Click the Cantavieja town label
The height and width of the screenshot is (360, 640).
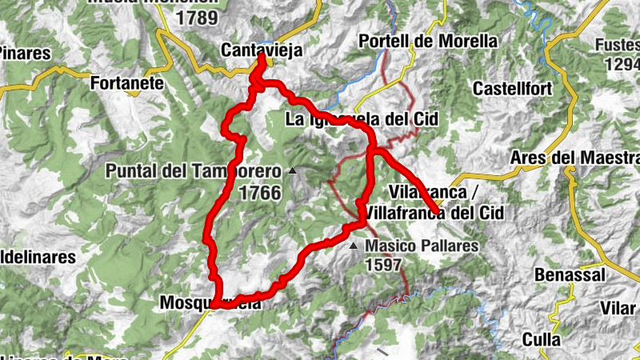(x=262, y=50)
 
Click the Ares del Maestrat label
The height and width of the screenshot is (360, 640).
(x=574, y=156)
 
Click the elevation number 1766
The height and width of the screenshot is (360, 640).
(x=259, y=193)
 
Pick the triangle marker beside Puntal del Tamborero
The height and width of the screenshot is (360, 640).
(x=293, y=170)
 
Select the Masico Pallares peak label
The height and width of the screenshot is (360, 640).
(x=422, y=246)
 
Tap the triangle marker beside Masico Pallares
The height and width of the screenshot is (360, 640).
(x=354, y=245)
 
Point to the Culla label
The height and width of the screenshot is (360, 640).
(x=541, y=339)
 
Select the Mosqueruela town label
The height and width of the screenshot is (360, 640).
(x=210, y=302)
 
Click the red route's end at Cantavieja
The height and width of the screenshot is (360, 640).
(x=262, y=58)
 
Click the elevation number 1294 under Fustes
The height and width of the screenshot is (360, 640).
(x=622, y=63)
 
